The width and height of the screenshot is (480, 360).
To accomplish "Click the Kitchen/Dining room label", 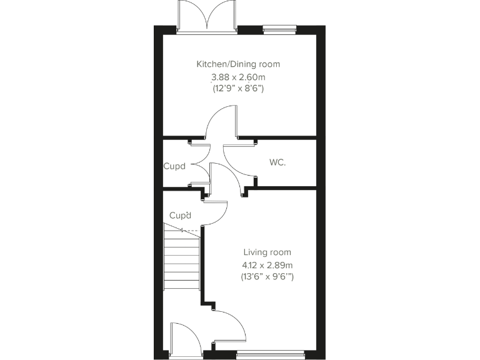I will [x=238, y=64].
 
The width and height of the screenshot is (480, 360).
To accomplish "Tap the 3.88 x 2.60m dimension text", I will [x=238, y=77].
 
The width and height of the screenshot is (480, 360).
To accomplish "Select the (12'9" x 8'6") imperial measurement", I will [x=238, y=89].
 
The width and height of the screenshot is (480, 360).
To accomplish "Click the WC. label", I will [x=278, y=162].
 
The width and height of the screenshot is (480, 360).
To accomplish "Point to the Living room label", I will [x=267, y=252].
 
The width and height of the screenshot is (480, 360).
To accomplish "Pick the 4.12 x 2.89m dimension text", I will [x=267, y=264].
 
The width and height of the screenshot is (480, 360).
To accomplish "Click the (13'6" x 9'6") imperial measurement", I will [x=267, y=276].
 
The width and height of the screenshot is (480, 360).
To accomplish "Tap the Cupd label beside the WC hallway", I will [x=174, y=166].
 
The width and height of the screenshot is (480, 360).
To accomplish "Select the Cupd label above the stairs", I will [x=180, y=216].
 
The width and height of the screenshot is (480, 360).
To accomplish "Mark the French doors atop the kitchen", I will [x=206, y=16].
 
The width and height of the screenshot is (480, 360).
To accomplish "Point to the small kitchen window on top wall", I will [x=279, y=27].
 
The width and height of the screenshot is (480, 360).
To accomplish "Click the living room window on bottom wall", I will [x=270, y=355].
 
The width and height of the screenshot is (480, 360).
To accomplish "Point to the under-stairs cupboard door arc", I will [x=216, y=216].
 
